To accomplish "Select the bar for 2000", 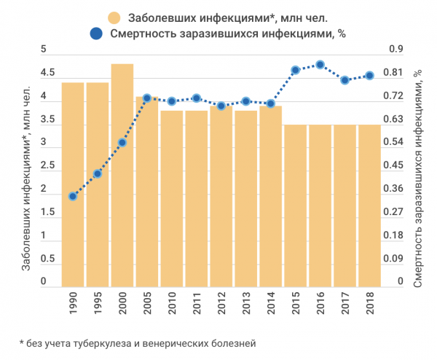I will [122, 175].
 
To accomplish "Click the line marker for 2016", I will [320, 64].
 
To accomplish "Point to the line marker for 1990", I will [73, 196].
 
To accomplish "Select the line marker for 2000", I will [122, 142].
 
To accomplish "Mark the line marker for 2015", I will [295, 70].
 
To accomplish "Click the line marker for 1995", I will [98, 173].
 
